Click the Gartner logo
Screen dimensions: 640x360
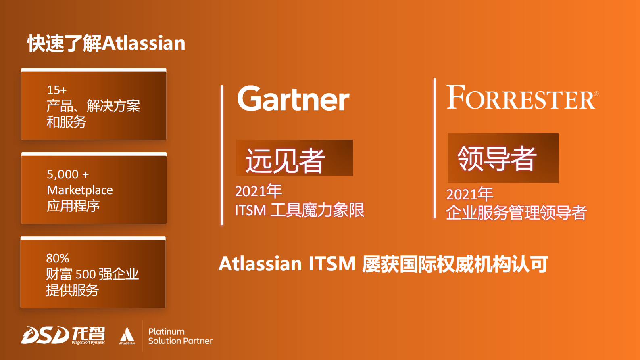[x=294, y=98]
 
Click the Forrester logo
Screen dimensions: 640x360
[x=522, y=97]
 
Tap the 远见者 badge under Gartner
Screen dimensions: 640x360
[x=294, y=158]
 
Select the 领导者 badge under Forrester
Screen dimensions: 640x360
[x=503, y=158]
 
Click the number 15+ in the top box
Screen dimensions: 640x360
[x=56, y=90]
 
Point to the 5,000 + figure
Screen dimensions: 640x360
[x=68, y=174]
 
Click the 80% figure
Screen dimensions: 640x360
[x=57, y=258]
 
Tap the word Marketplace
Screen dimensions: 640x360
[x=80, y=190]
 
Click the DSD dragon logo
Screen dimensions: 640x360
[x=45, y=335]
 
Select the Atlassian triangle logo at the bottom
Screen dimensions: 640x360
[x=127, y=336]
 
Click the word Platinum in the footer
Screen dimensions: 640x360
[x=167, y=331]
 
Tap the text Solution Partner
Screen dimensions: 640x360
[x=181, y=341]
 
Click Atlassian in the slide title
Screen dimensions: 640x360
[x=144, y=43]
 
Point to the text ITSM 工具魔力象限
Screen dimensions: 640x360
[x=300, y=210]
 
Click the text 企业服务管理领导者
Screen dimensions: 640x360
[x=517, y=212]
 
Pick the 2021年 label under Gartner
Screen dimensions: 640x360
[x=259, y=191]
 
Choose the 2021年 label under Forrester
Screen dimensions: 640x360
[x=470, y=195]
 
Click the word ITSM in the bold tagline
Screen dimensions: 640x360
[x=332, y=264]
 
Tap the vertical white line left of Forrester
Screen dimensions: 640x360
[x=435, y=148]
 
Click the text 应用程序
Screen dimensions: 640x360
[x=73, y=206]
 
